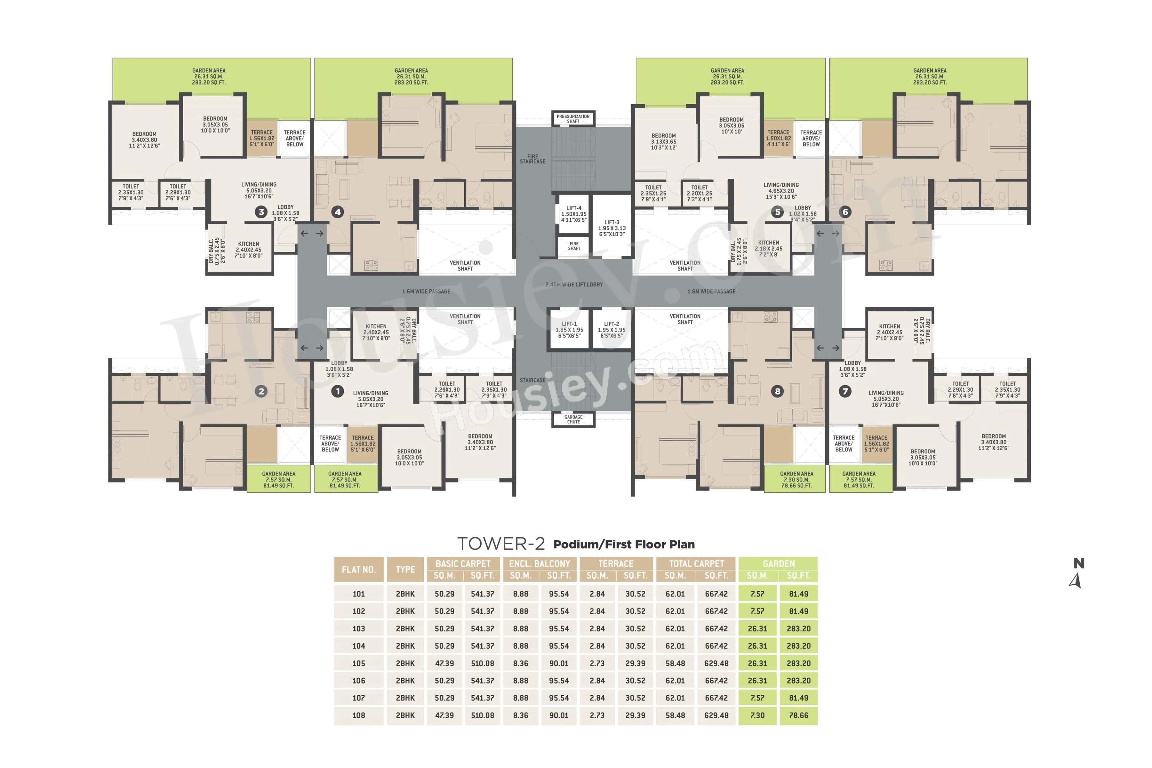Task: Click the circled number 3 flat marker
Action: coord(261,212)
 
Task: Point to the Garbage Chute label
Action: coord(573,419)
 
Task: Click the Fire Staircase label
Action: coord(532,159)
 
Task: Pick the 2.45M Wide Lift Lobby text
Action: coord(574,284)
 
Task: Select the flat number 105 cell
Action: coord(358,663)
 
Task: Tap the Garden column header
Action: coord(778,564)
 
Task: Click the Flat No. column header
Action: coord(358,570)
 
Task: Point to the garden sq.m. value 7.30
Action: coord(757,715)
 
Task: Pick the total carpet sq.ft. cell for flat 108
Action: coord(716,715)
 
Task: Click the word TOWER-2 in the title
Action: coord(500,544)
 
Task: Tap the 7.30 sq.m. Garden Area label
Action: coord(796,479)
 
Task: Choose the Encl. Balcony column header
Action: coord(539,564)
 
